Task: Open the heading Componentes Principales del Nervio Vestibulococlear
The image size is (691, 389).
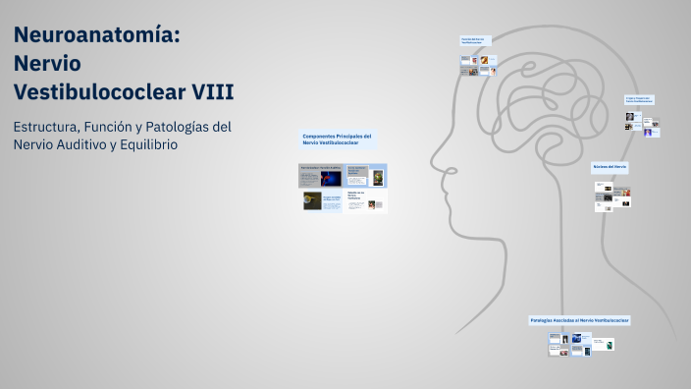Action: [x=337, y=139]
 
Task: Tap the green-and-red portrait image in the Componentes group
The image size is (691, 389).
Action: [x=378, y=178]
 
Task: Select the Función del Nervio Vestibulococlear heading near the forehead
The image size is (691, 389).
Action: [x=472, y=41]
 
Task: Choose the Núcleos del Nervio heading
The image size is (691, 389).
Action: [x=610, y=167]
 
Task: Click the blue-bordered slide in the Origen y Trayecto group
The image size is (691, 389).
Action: [x=647, y=132]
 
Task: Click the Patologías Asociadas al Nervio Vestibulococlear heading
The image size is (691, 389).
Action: [x=579, y=320]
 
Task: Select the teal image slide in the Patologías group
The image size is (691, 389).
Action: [x=609, y=345]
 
